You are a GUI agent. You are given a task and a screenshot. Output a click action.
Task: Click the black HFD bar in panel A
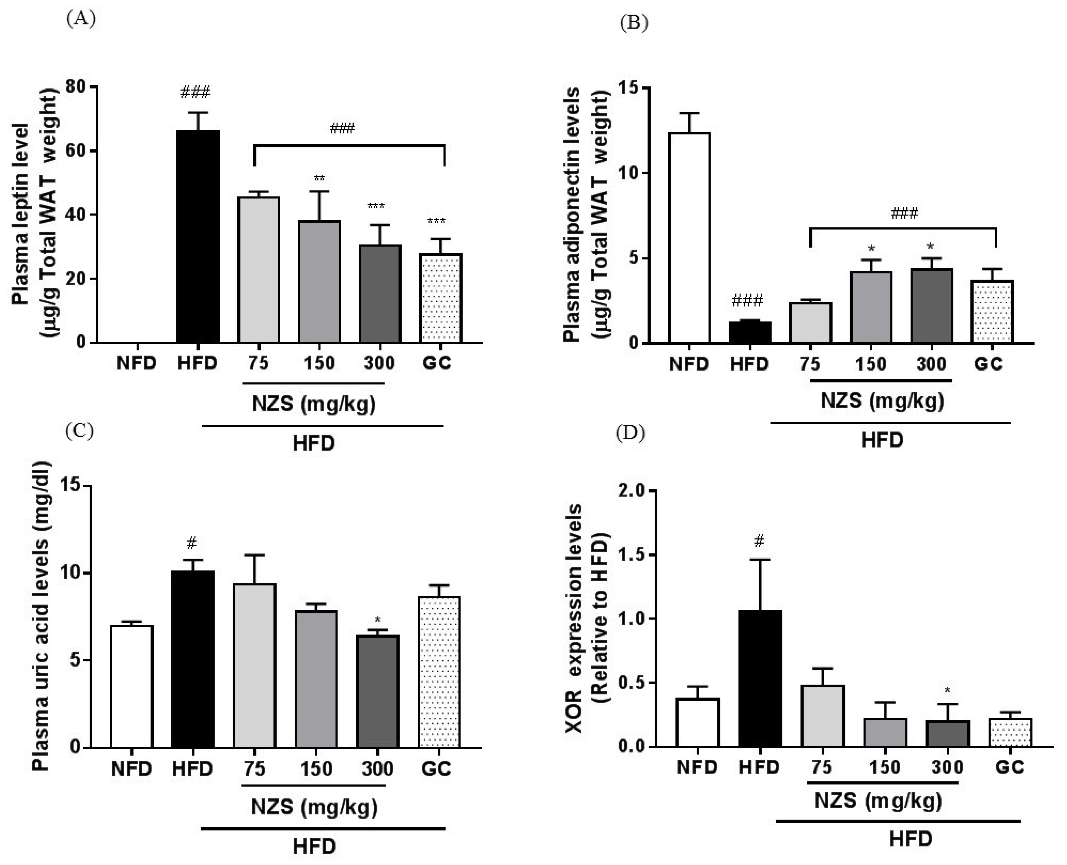click(198, 237)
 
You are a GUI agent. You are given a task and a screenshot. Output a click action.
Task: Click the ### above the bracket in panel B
click(904, 214)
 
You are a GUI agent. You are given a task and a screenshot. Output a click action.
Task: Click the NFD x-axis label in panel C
click(131, 769)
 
